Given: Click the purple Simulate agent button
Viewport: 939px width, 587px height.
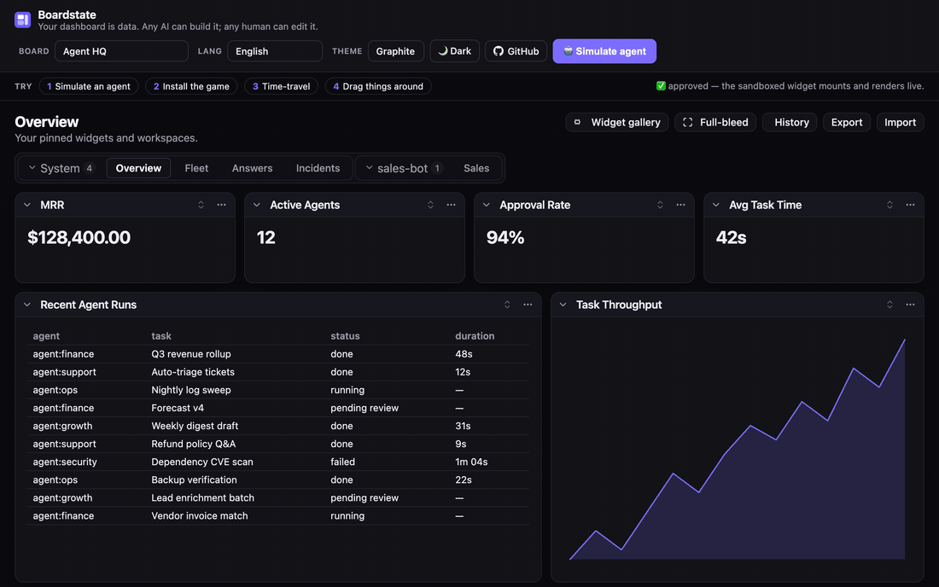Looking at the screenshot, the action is point(604,51).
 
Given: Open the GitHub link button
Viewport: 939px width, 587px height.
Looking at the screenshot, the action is point(516,51).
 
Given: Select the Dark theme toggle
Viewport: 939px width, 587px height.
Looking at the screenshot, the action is point(454,51).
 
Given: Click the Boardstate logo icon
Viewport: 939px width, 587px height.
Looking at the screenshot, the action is point(23,20).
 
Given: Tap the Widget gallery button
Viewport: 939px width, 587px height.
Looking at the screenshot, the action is point(617,122).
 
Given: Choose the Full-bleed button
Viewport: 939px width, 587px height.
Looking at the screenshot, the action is point(715,122).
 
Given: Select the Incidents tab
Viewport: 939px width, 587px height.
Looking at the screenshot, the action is point(318,168).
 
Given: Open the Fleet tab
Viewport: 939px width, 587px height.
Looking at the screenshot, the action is point(196,168).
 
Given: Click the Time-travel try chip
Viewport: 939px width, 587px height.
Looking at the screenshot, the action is point(282,86).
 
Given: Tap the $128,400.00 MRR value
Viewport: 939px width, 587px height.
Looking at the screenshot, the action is point(79,237).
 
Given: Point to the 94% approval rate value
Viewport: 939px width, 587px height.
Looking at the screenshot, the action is point(505,237).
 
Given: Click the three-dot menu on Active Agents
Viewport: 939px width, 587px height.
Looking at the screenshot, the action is point(451,205).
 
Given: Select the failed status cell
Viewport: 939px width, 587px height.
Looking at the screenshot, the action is point(342,462).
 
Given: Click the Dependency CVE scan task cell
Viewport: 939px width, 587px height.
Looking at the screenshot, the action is point(202,462).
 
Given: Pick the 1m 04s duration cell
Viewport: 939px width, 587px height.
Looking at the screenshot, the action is point(471,462).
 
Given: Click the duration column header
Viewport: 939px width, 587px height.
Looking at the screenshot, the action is point(475,336).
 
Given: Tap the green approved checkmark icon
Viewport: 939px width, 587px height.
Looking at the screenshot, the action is point(661,85).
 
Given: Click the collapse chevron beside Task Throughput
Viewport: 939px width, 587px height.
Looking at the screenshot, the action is point(563,305).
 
